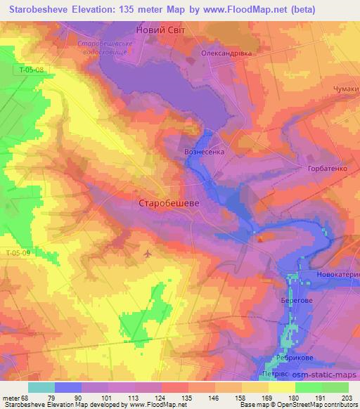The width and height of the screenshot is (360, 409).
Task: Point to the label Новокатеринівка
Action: (x=337, y=273)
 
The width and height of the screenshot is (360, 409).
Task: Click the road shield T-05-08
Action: (x=32, y=70)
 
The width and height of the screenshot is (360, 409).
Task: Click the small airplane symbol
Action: (x=146, y=253)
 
